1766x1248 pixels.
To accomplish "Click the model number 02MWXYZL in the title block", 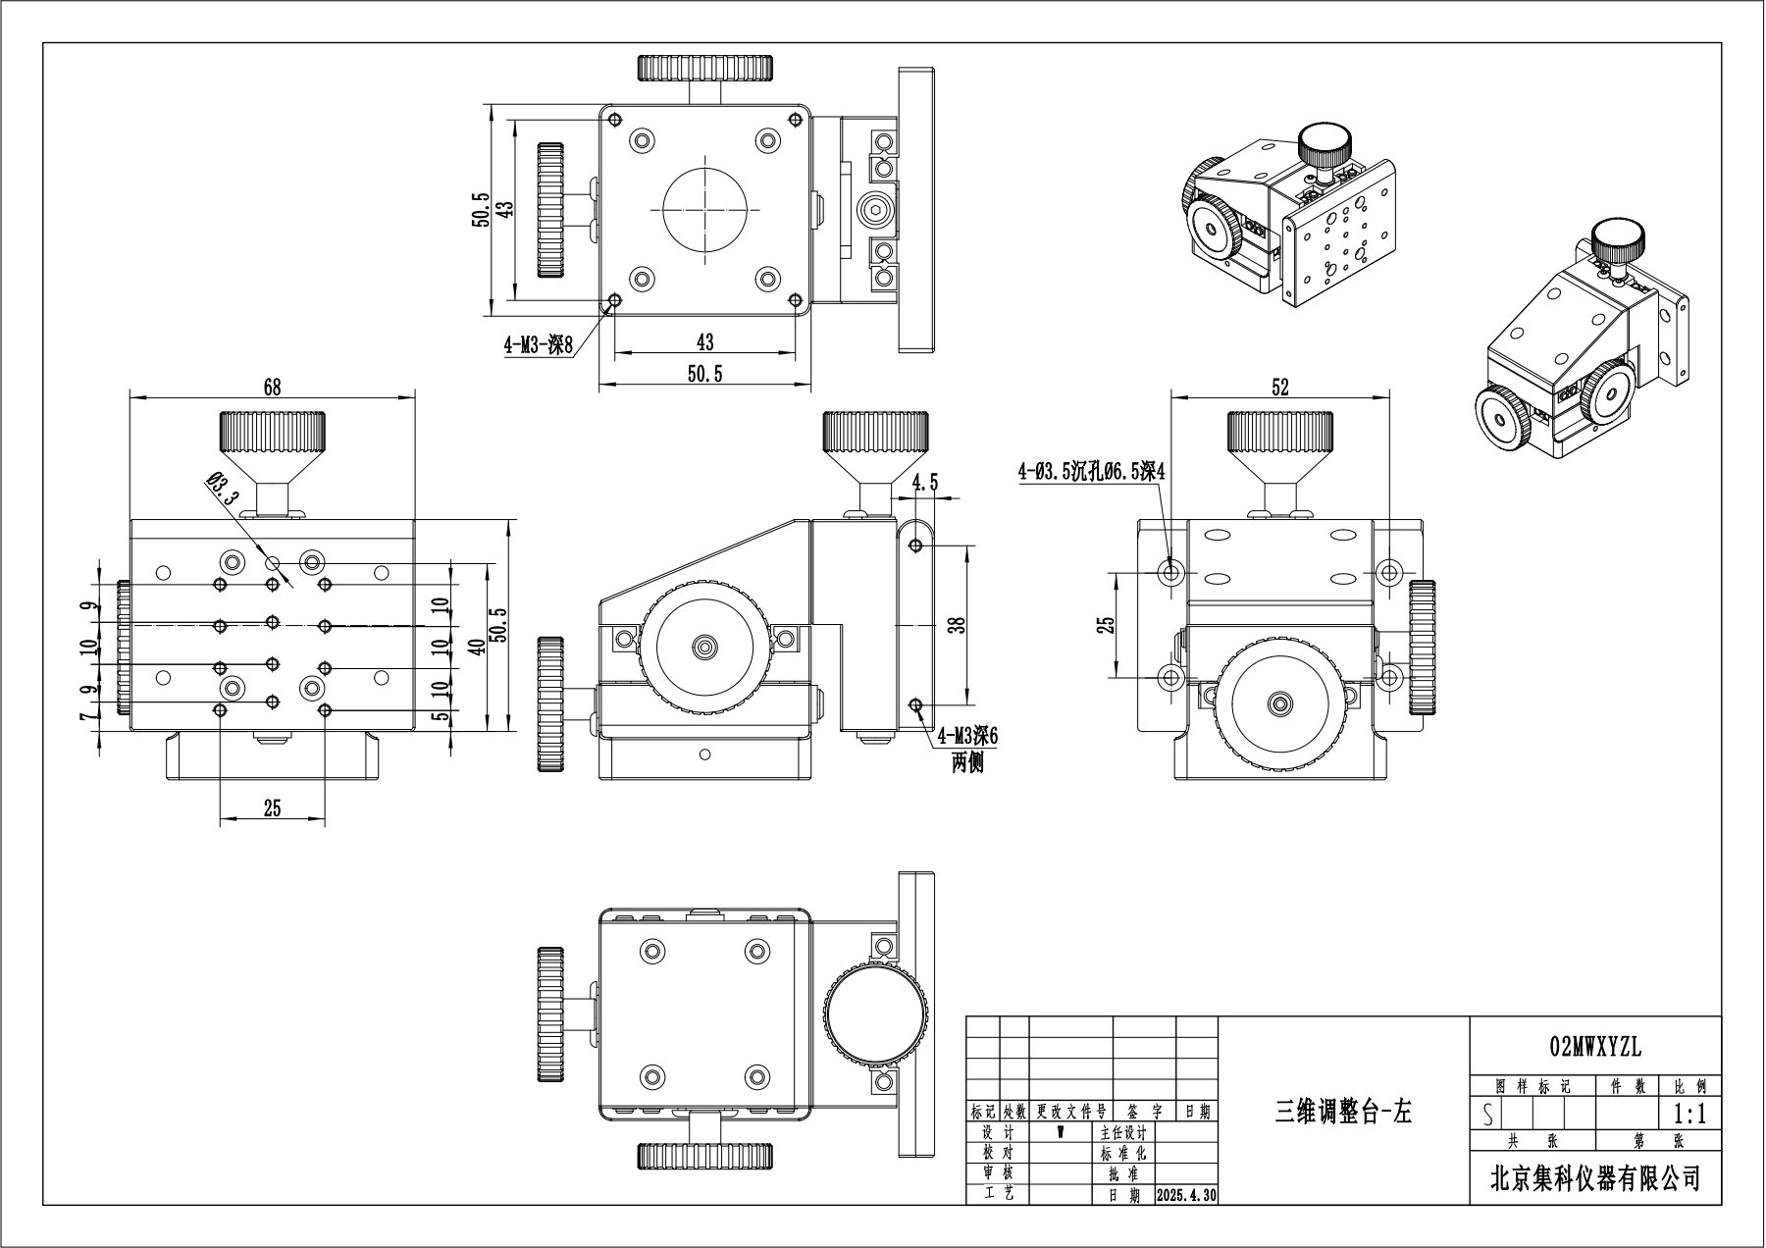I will (1594, 1048).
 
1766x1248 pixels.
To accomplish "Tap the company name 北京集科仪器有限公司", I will (1594, 1177).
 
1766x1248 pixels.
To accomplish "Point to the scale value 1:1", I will (1689, 1115).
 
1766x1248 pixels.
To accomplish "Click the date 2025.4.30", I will (1186, 1196).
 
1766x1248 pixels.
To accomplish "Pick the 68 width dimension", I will (272, 387).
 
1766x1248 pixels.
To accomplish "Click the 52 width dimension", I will (1279, 387).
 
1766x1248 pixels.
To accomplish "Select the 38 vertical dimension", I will (961, 624).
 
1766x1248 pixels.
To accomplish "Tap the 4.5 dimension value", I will (924, 482).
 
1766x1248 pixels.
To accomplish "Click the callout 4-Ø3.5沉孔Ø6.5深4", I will (1090, 472).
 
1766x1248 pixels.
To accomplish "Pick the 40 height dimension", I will (476, 645).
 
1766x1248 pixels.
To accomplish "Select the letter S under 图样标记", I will (1488, 1116).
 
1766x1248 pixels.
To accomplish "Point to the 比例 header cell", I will (1689, 1087).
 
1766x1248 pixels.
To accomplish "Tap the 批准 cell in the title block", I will (1122, 1174).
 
